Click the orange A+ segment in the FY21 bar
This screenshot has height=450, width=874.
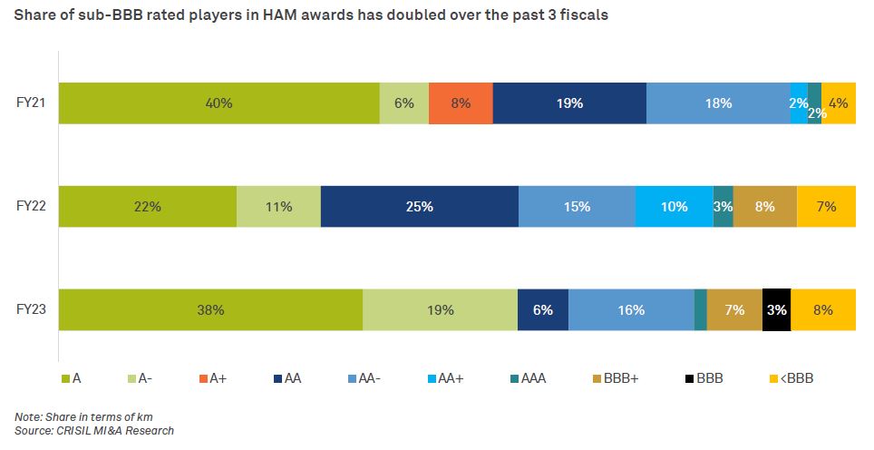pyautogui.click(x=461, y=103)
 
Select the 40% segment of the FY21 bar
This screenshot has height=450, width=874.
pyautogui.click(x=218, y=103)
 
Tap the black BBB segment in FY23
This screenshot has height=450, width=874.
pyautogui.click(x=776, y=309)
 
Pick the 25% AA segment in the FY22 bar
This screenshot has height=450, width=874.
pyautogui.click(x=419, y=206)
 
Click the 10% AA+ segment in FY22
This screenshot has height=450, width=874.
pyautogui.click(x=674, y=206)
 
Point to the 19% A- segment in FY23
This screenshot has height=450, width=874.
pyautogui.click(x=440, y=309)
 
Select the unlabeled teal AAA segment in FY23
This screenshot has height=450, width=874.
pyautogui.click(x=700, y=309)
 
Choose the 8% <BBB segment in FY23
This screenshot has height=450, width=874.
pyautogui.click(x=823, y=309)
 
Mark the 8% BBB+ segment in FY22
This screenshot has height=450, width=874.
pyautogui.click(x=764, y=206)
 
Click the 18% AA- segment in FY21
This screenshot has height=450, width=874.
pyautogui.click(x=718, y=103)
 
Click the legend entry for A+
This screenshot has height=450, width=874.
pyautogui.click(x=210, y=378)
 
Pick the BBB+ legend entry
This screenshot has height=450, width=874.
pyautogui.click(x=615, y=378)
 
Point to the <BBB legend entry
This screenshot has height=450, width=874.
pyautogui.click(x=791, y=378)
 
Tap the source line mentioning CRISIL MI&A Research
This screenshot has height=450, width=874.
pyautogui.click(x=93, y=430)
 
